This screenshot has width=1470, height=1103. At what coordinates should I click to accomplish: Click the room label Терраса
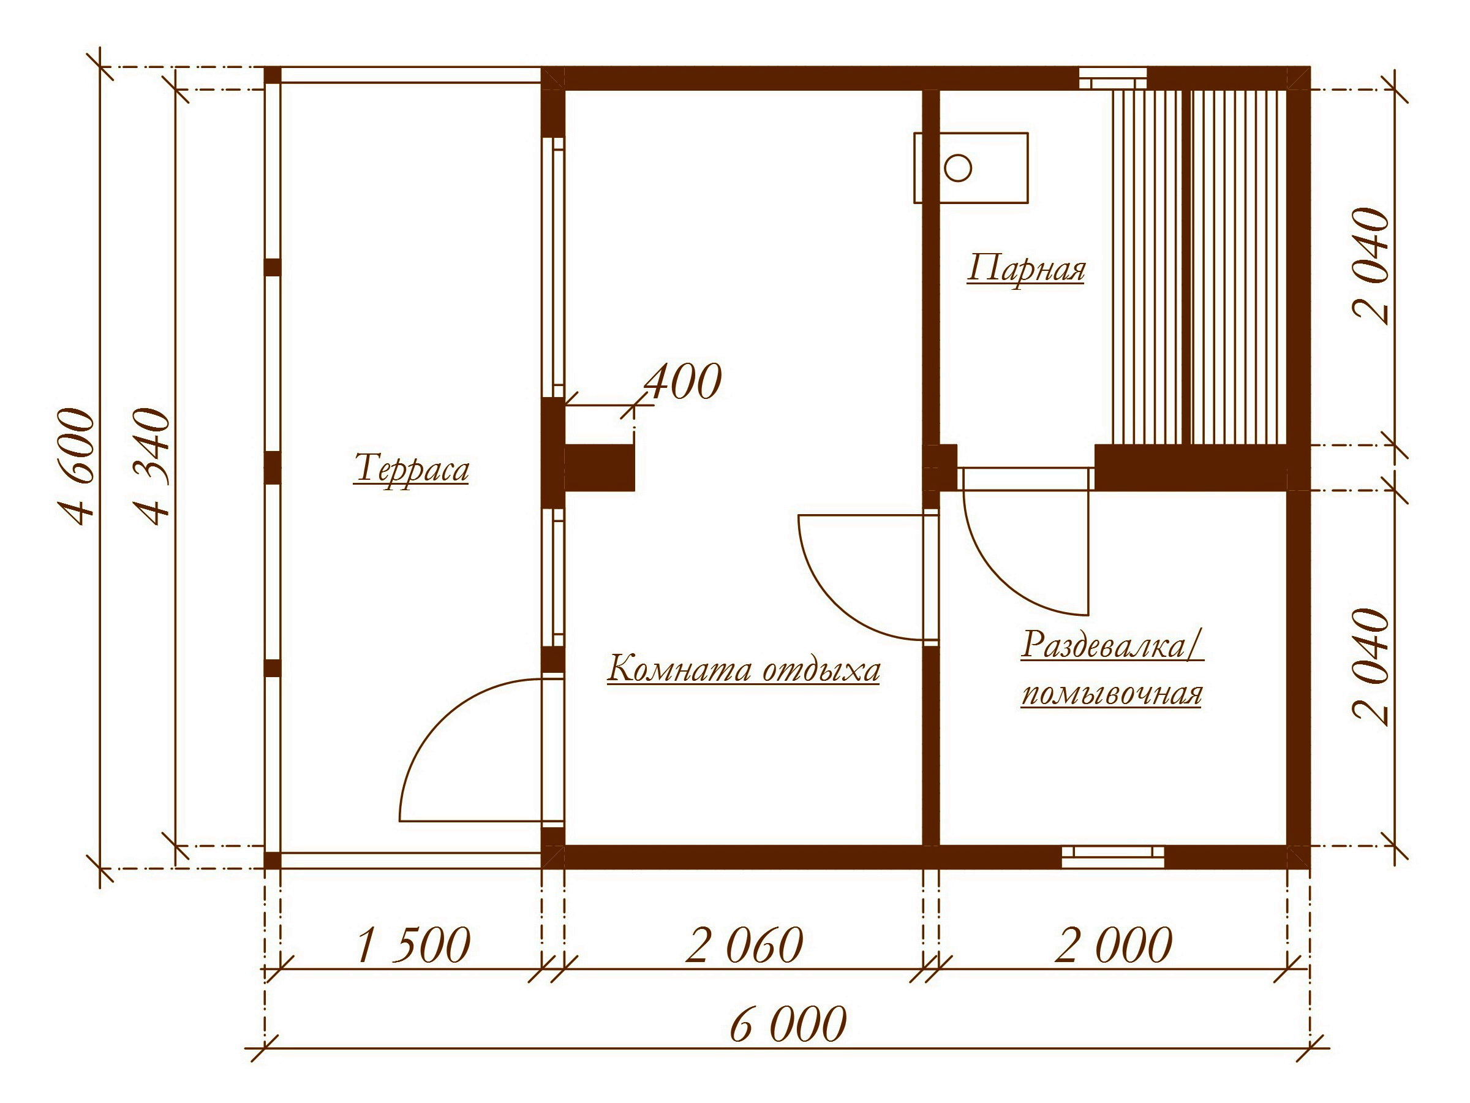(x=412, y=469)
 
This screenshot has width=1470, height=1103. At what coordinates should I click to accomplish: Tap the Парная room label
(x=1026, y=269)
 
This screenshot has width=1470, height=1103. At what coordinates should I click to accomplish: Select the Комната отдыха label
(x=744, y=670)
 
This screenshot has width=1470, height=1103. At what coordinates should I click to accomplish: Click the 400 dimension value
(x=682, y=382)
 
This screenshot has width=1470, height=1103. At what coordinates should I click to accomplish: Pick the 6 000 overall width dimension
(x=788, y=1025)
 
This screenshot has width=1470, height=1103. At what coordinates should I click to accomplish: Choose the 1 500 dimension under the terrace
(x=413, y=945)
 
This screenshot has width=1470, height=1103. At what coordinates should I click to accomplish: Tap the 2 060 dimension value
(x=744, y=945)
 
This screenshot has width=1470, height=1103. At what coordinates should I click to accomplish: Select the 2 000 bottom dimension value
(x=1114, y=945)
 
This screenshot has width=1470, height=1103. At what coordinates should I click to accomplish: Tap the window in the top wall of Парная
(x=1112, y=78)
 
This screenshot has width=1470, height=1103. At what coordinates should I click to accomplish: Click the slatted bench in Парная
(x=1199, y=267)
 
